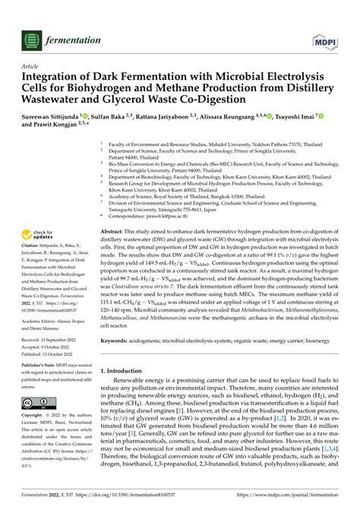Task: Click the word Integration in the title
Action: [55, 77]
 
